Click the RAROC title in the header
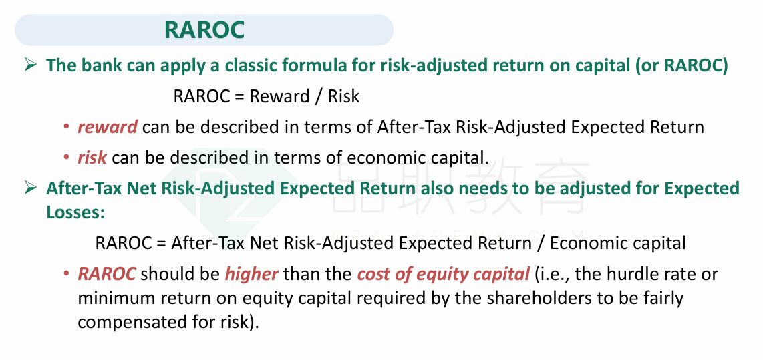point(204,30)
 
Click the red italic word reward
point(108,127)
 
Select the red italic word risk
point(92,158)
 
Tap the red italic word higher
point(252,274)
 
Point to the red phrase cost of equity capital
point(443,275)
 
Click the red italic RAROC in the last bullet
point(107,274)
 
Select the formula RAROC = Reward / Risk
point(267,96)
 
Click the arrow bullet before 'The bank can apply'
point(31,65)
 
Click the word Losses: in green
point(75,212)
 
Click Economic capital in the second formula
point(618,242)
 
